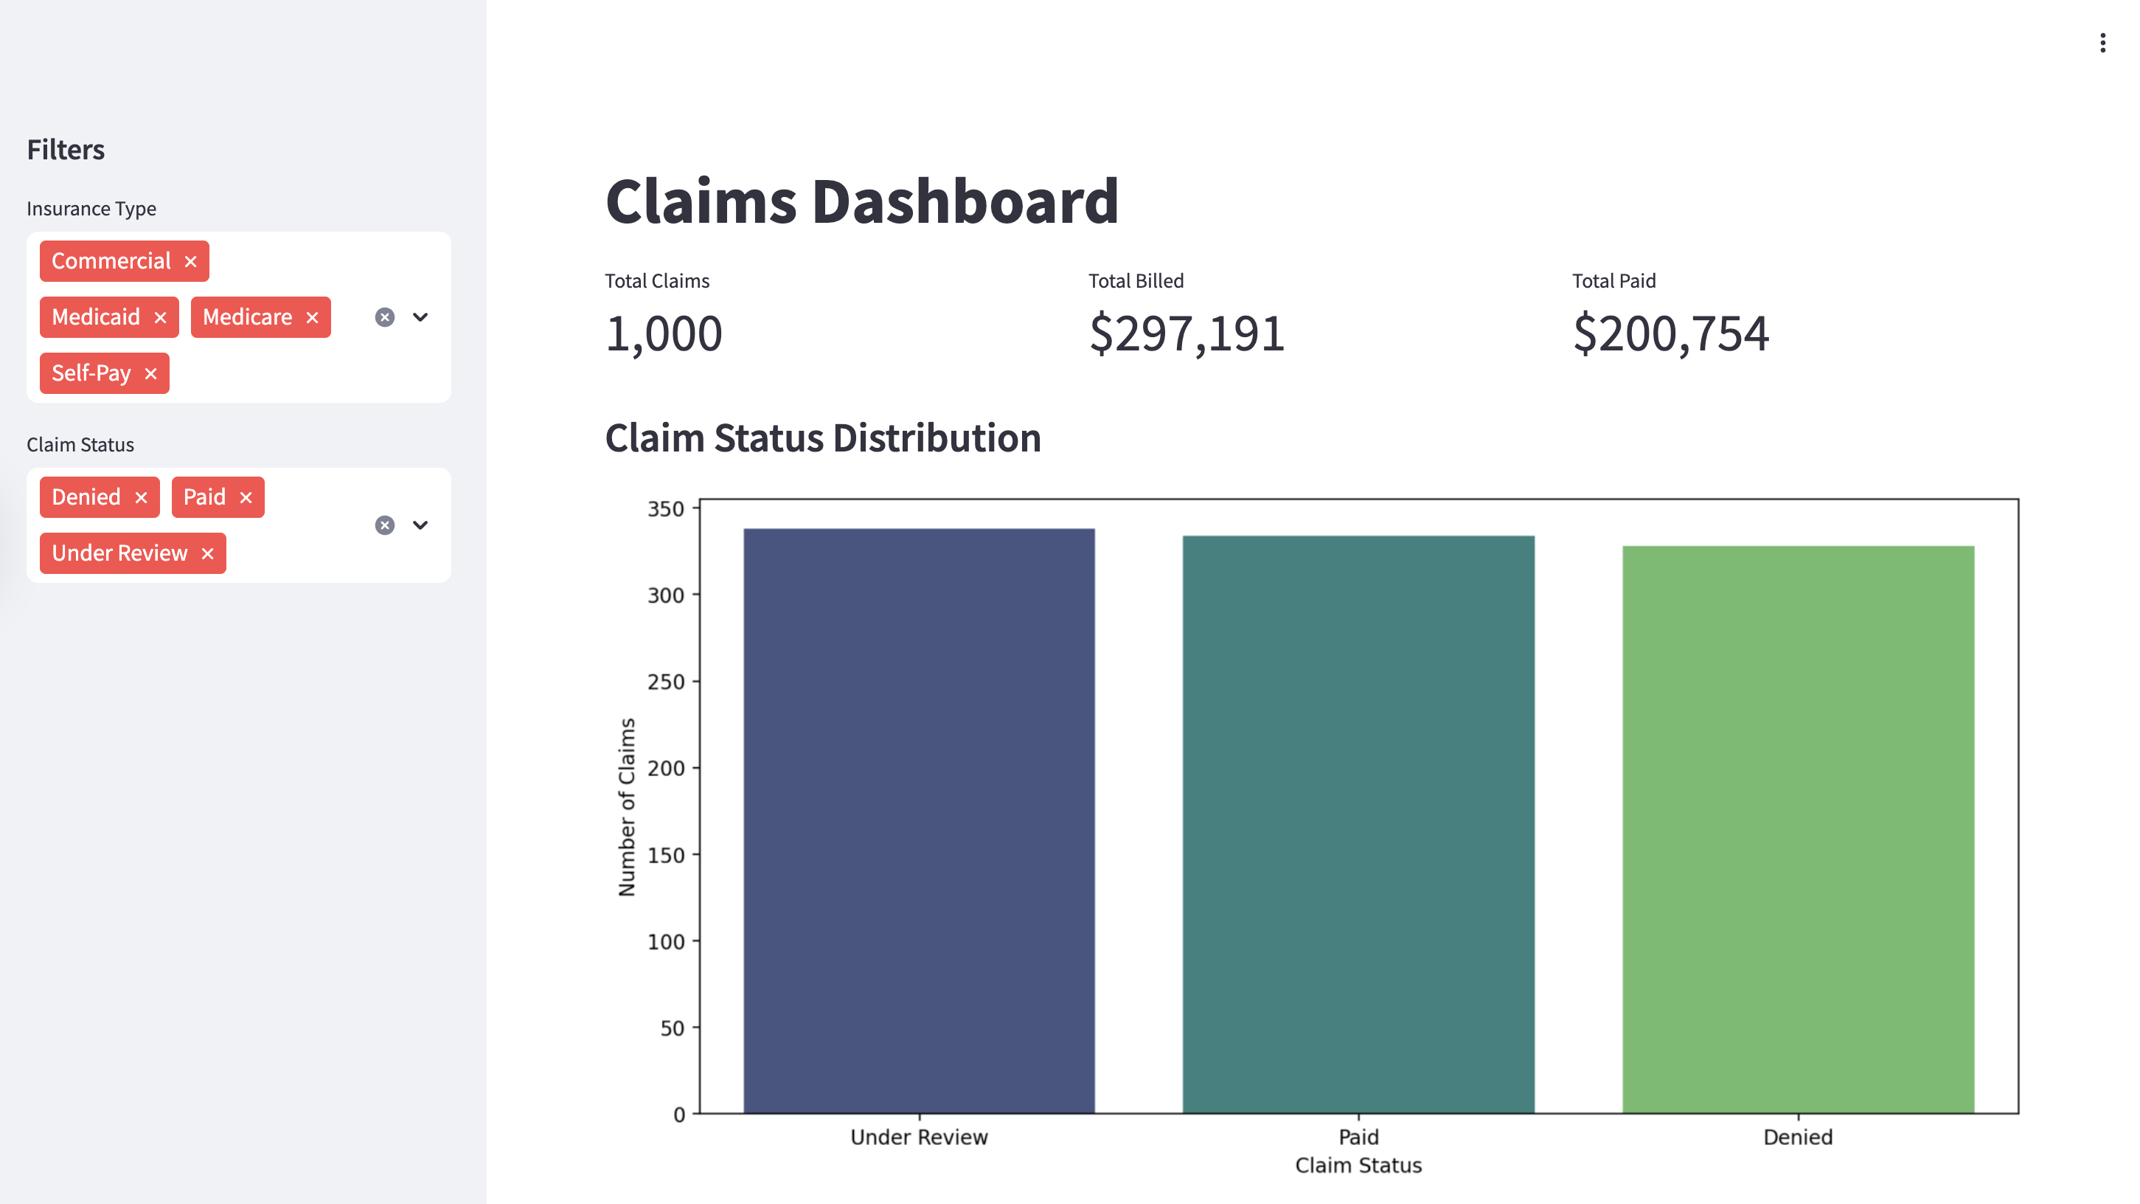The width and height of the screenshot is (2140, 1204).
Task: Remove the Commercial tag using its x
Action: (x=190, y=262)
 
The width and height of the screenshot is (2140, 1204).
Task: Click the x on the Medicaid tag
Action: (x=160, y=317)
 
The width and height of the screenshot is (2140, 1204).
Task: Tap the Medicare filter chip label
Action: (x=247, y=317)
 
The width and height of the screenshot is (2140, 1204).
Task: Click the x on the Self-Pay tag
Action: (x=150, y=374)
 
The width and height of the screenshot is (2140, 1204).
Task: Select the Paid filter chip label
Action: (x=204, y=497)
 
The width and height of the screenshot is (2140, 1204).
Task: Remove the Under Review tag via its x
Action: (x=208, y=553)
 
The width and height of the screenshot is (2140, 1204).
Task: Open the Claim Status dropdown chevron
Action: (x=420, y=525)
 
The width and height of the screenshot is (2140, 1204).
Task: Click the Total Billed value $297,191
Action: (x=1187, y=334)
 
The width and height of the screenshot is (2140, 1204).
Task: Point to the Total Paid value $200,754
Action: (x=1670, y=334)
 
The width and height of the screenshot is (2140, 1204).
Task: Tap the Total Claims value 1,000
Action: (x=664, y=334)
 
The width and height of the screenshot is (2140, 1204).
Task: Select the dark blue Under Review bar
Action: (x=919, y=823)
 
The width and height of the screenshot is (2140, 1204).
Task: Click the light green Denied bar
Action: (x=1798, y=831)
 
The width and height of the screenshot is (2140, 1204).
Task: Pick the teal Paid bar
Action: (x=1358, y=827)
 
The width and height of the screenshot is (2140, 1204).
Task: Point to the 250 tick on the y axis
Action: (x=665, y=682)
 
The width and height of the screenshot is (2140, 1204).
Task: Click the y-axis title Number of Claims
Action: (x=628, y=807)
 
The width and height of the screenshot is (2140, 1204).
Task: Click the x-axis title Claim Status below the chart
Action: (x=1358, y=1165)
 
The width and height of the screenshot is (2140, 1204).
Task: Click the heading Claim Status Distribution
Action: (x=822, y=438)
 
